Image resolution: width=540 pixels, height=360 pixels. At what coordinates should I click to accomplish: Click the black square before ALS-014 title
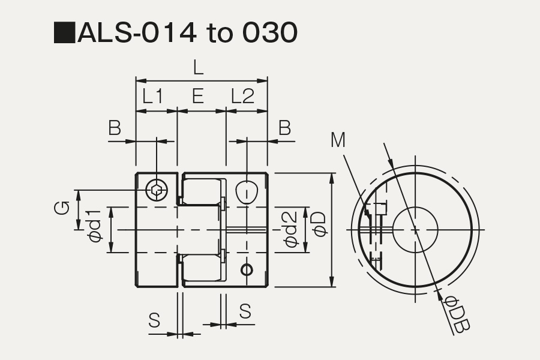coord(64,32)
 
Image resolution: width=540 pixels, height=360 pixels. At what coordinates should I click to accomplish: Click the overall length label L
coord(198,68)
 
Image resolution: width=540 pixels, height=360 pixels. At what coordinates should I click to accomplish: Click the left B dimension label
coord(115,128)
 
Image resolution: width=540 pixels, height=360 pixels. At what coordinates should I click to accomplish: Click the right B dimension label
coord(284,128)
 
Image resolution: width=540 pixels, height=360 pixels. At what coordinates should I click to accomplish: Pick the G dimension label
coord(62,208)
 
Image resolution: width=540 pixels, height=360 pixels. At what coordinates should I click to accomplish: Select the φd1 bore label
coord(95,226)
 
